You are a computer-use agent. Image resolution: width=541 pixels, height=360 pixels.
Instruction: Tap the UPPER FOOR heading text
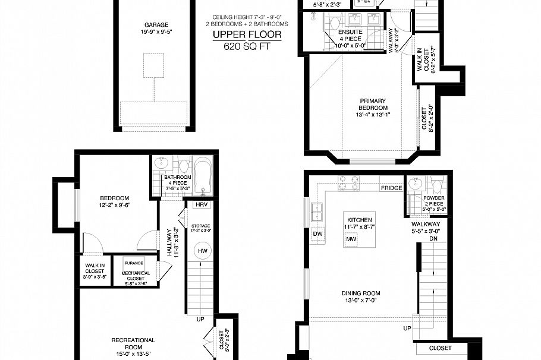247,35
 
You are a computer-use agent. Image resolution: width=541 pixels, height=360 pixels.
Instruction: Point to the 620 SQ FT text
247,46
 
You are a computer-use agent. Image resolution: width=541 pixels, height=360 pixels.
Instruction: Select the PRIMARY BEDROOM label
372,105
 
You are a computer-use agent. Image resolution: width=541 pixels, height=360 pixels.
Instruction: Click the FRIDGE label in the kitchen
391,188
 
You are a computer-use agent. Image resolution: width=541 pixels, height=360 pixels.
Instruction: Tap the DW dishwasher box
317,233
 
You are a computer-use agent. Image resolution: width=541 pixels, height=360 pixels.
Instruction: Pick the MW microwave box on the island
351,239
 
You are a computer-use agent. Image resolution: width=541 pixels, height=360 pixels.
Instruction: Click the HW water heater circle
202,252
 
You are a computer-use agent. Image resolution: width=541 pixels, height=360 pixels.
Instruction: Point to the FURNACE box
134,263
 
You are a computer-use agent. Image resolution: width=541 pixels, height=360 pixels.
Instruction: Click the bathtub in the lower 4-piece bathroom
203,176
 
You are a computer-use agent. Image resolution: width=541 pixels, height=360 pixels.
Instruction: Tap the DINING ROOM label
360,293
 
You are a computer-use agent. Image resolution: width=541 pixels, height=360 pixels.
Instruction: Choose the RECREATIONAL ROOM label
133,344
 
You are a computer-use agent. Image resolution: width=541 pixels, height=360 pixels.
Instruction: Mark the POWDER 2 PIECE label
434,201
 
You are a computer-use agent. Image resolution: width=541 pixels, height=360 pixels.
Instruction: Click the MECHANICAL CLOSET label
136,276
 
